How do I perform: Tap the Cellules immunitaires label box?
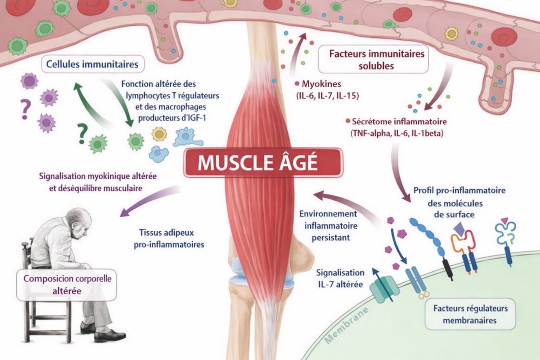tap(92, 64)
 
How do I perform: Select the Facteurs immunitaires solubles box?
tap(376, 60)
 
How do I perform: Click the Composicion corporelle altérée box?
tap(67, 284)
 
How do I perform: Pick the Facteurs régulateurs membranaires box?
tap(470, 314)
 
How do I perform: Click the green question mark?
tap(82, 135)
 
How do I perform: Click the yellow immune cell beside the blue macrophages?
tap(159, 134)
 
